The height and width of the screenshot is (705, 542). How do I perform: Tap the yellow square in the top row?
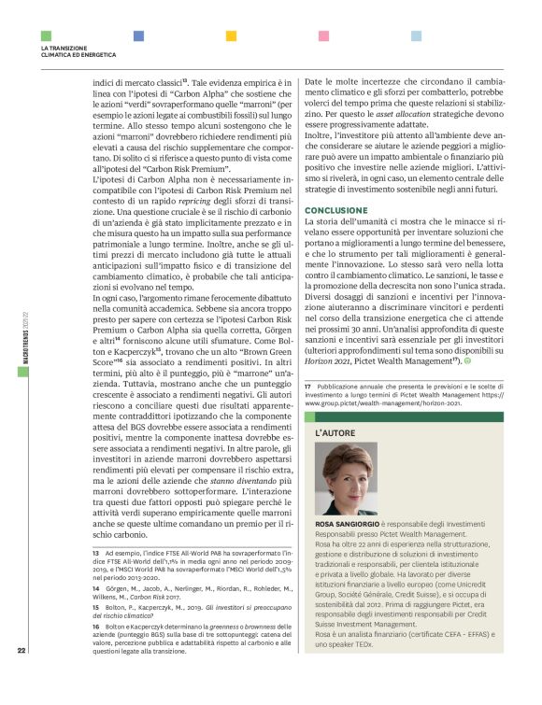coord(230,36)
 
